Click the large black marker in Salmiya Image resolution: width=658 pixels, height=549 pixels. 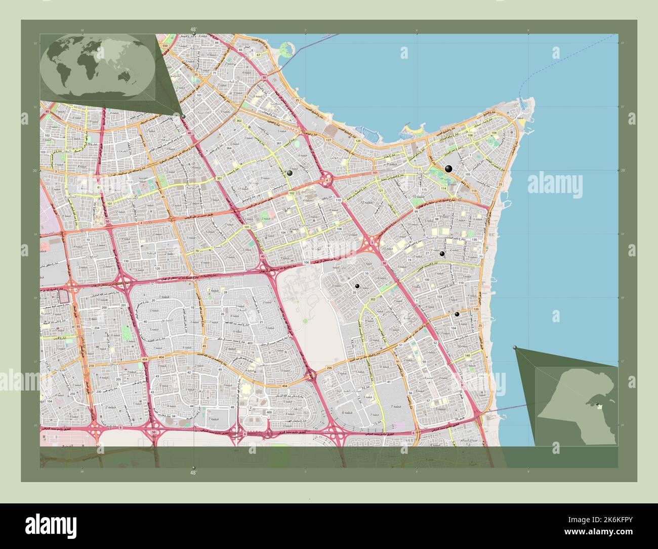448,169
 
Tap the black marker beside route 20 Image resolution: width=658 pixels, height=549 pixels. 357,286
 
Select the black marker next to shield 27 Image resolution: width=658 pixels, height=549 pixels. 442,253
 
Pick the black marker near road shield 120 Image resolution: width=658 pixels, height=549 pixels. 457,314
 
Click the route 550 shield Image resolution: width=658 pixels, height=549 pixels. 164,46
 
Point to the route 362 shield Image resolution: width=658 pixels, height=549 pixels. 238,121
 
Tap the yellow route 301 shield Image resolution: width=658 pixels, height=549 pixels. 219,179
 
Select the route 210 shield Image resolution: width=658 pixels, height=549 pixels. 91,366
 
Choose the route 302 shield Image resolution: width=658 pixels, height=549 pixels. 373,300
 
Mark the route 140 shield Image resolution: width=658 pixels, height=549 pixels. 467,357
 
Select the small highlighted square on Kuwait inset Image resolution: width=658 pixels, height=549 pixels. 598,405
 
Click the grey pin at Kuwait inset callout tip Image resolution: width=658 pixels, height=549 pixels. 515,348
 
